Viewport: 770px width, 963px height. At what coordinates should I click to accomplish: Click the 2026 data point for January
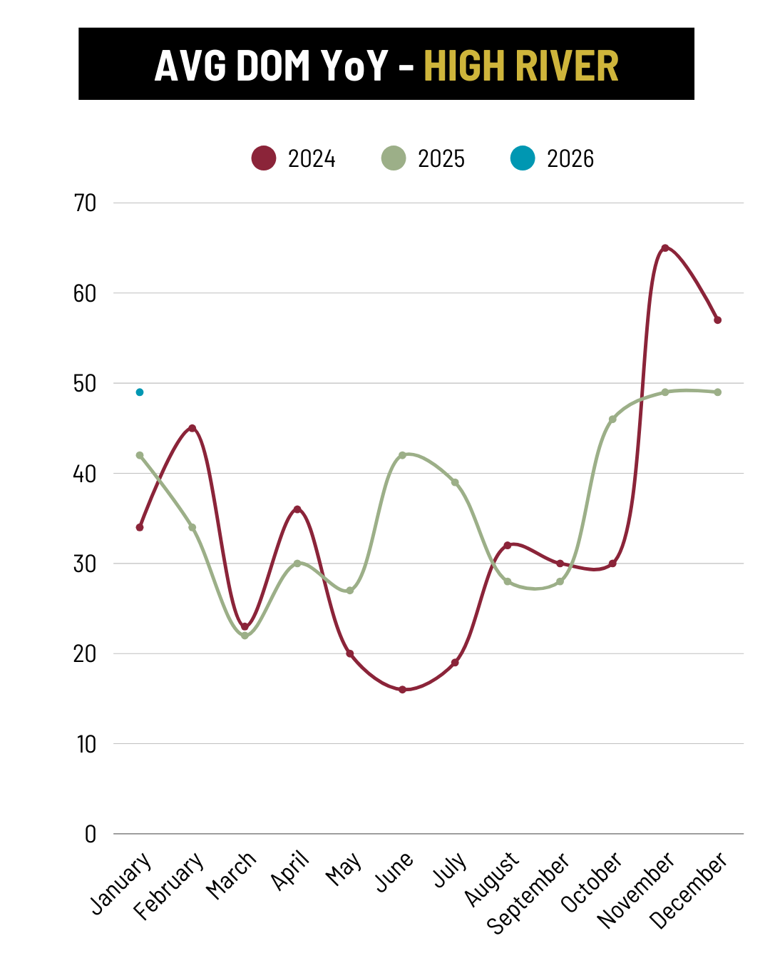tap(140, 392)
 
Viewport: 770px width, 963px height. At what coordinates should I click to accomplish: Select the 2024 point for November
tap(665, 248)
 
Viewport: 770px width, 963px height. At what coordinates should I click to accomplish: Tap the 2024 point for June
tap(402, 690)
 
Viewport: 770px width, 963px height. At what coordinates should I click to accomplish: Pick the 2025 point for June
tap(402, 455)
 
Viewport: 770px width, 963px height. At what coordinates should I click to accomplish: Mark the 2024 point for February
tap(192, 428)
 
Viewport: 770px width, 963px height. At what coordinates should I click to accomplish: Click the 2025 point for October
tap(612, 419)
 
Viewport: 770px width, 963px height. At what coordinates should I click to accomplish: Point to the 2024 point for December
tap(718, 320)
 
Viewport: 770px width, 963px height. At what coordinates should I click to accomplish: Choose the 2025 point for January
tap(140, 455)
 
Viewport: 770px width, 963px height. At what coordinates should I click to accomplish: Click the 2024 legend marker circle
tap(264, 158)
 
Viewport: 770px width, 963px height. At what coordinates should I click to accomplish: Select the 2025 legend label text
tap(441, 158)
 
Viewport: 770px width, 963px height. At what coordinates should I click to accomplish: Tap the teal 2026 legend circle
tap(523, 158)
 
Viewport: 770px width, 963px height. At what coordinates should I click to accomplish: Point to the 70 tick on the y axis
tap(85, 203)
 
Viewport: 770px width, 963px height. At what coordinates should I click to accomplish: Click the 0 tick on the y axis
tap(91, 834)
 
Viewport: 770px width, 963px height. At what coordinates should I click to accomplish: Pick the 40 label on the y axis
tap(85, 474)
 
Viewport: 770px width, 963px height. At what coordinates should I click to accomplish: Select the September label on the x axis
tap(528, 892)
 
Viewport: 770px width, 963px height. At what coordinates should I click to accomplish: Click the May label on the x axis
tap(344, 870)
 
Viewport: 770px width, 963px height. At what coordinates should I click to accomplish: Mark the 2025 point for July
tap(455, 483)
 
